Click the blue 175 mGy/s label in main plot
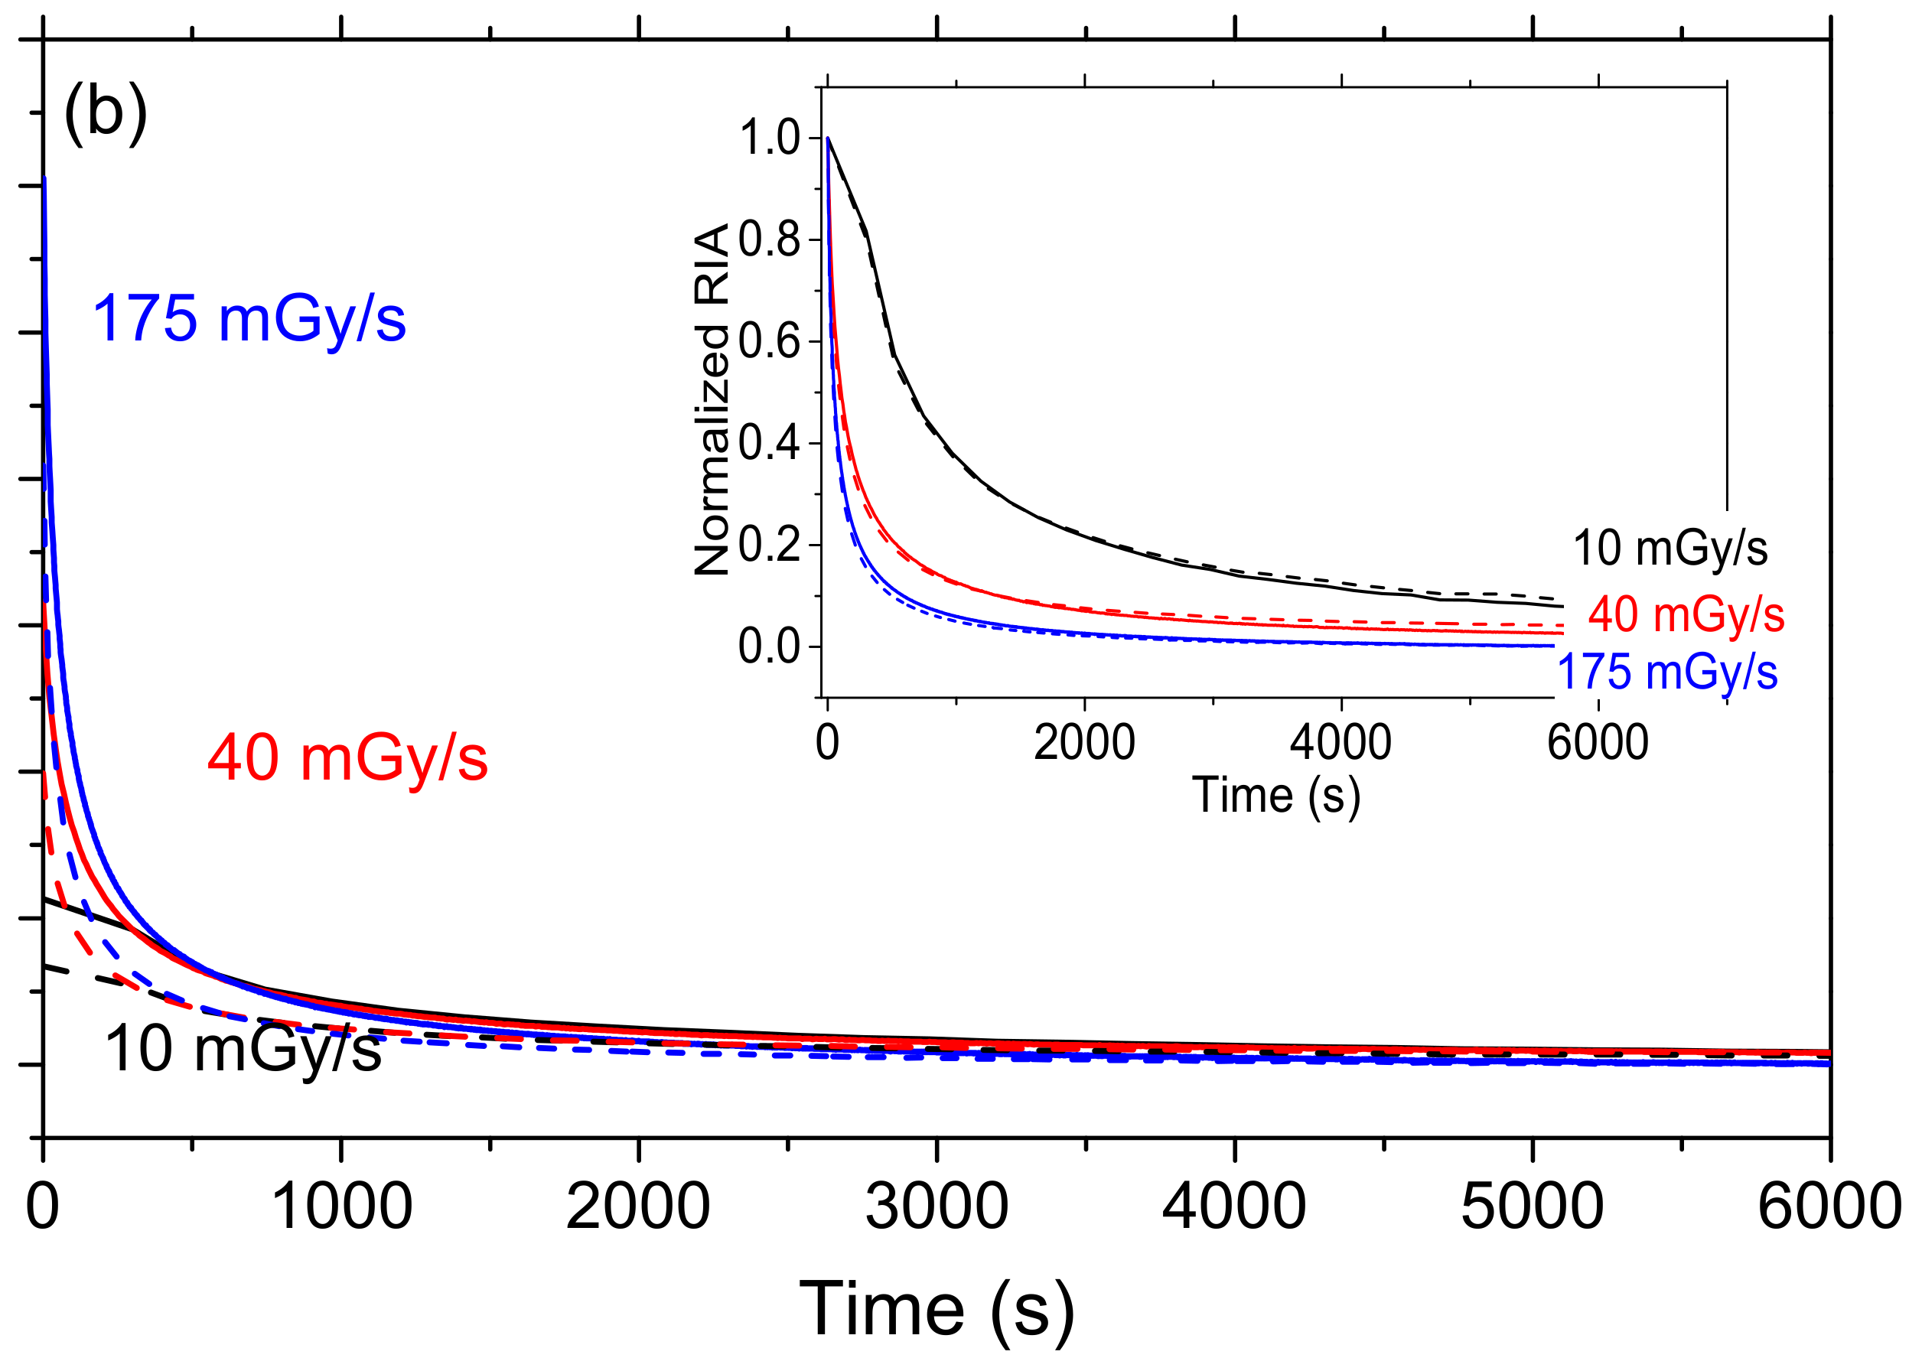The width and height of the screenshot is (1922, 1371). (249, 319)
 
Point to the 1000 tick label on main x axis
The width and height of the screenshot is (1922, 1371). (341, 1207)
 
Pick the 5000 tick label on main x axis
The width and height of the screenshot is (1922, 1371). (1531, 1207)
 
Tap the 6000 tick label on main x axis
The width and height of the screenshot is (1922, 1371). (1829, 1207)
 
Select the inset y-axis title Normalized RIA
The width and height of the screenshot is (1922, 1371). (712, 399)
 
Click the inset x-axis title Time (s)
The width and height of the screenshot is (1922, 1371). (1275, 795)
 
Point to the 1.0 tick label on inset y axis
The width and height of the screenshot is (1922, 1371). (769, 138)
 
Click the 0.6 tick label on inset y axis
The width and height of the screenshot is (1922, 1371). (769, 342)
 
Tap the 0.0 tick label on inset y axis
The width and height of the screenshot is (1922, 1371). (769, 646)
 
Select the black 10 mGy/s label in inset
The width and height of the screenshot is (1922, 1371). (1670, 548)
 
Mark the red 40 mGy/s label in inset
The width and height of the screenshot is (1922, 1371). (1686, 614)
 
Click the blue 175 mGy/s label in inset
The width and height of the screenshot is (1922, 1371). (1667, 672)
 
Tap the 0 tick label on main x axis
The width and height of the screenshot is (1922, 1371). (43, 1207)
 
